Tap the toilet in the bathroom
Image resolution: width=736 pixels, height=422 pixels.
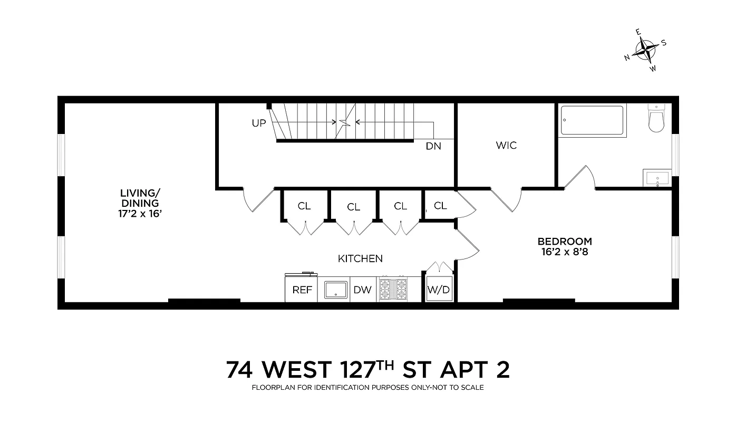click(656, 119)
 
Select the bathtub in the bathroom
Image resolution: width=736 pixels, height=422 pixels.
click(592, 121)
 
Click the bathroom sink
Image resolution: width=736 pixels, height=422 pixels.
click(656, 178)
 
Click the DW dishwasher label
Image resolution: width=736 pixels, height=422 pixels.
click(362, 290)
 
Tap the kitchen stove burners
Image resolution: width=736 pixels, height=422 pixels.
click(392, 290)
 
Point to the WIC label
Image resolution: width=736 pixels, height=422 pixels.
click(506, 145)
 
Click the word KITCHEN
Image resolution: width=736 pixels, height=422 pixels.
click(360, 258)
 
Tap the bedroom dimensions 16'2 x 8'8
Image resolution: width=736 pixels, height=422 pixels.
click(564, 252)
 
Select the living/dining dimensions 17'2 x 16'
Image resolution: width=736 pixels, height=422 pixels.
click(140, 214)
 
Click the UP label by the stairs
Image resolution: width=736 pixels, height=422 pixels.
click(259, 123)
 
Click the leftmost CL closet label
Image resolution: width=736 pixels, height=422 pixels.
click(304, 206)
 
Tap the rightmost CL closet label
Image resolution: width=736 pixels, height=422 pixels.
click(440, 206)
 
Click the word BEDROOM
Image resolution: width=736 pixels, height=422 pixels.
click(564, 241)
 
